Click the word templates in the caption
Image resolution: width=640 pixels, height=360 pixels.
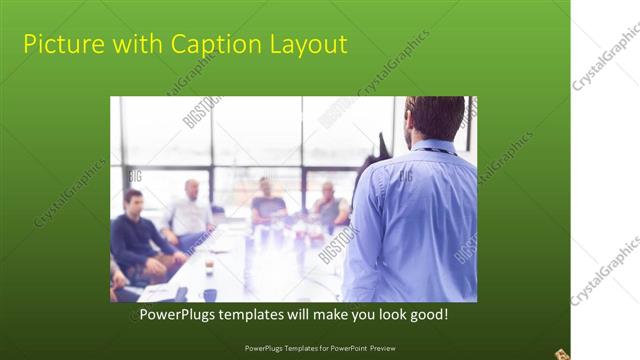[x=256, y=315]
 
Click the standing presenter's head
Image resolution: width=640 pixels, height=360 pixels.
[x=435, y=118]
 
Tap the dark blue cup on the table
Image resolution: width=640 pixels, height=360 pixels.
[x=209, y=294]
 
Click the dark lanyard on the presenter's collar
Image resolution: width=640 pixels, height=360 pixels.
[x=432, y=151]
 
